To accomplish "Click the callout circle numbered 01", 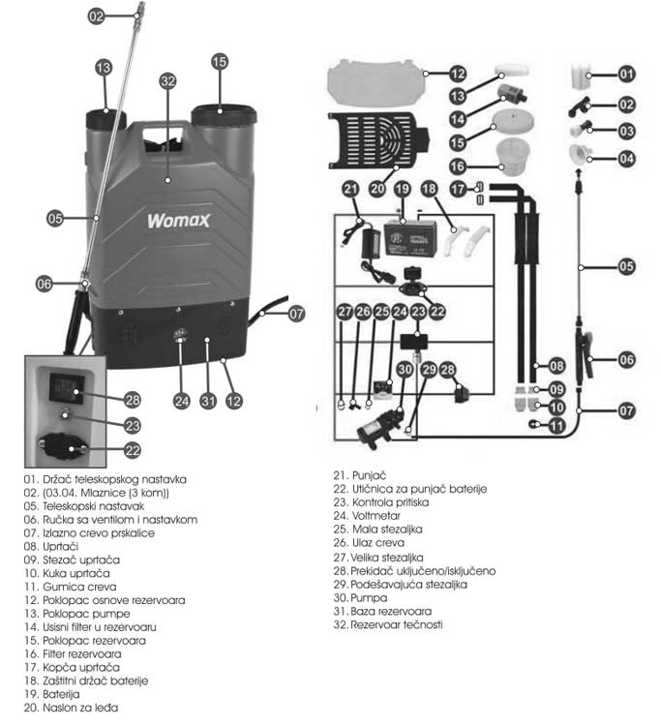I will pyautogui.click(x=627, y=74).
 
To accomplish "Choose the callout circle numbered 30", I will pyautogui.click(x=406, y=369).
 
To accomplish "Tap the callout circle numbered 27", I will pyautogui.click(x=346, y=312).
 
